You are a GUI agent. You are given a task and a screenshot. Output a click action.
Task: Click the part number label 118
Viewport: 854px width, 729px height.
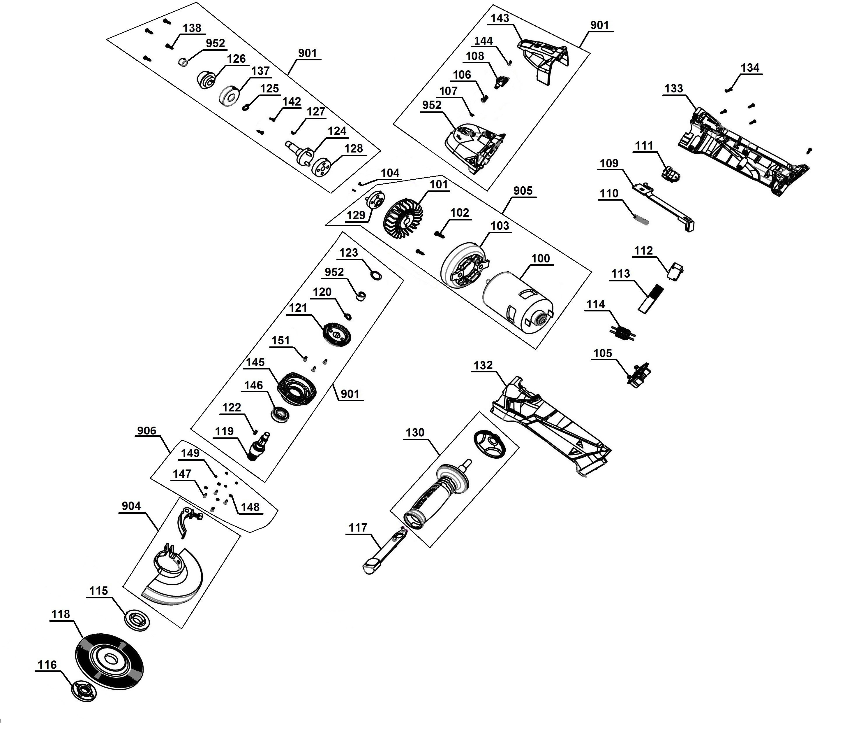click(61, 614)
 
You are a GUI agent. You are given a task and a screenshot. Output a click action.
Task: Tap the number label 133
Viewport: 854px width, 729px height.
click(673, 89)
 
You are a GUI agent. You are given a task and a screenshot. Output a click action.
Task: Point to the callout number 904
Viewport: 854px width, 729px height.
click(131, 506)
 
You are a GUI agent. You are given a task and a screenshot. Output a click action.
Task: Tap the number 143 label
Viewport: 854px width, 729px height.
click(500, 19)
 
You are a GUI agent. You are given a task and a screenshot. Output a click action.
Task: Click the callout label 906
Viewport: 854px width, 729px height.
click(147, 431)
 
